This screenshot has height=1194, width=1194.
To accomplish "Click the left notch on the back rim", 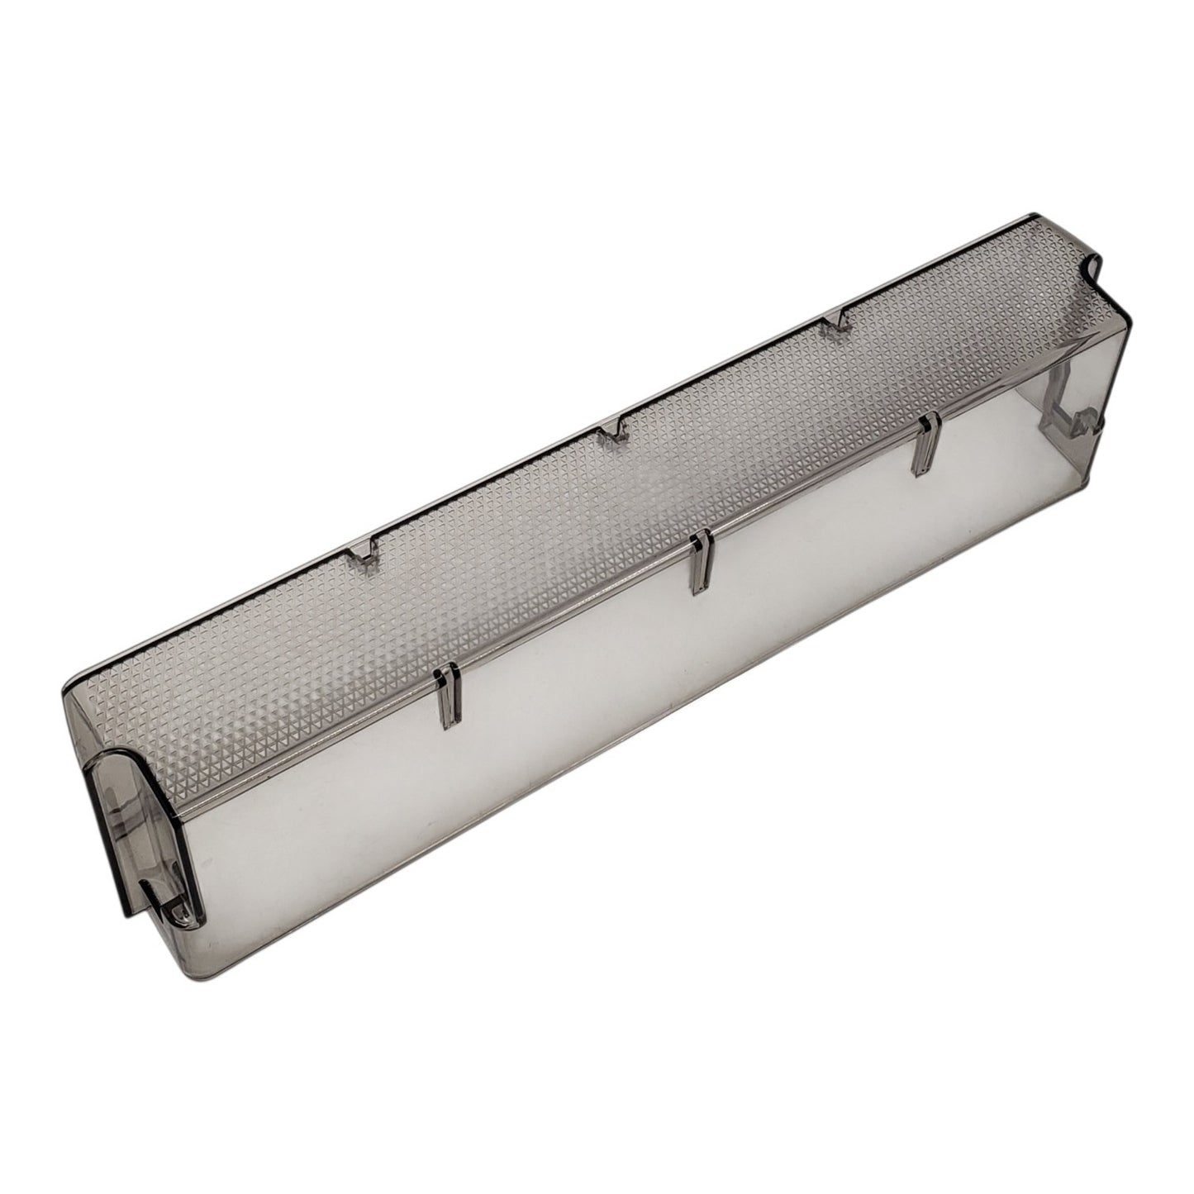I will point(364,553).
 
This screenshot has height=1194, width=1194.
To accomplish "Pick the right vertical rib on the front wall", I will point(926,445).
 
